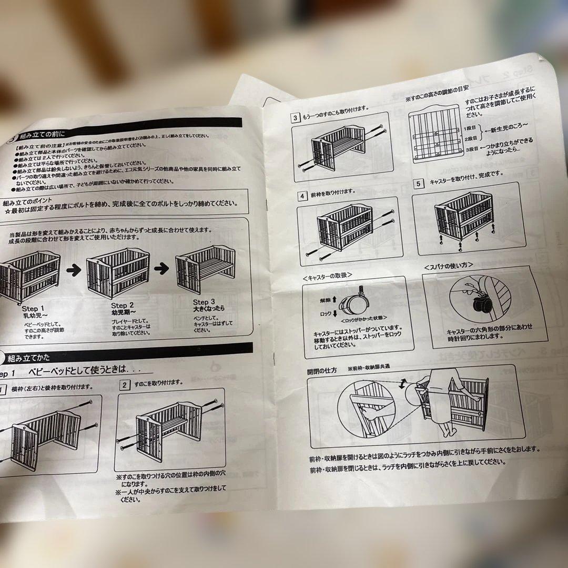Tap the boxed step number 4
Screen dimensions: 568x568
pos(302,196)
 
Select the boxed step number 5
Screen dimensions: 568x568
pos(418,184)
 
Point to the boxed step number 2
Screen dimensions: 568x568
pos(124,384)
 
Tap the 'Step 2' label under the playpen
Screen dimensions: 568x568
pos(122,305)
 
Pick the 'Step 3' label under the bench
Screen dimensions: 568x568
pos(204,302)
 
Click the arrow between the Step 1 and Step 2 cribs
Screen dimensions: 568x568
pos(74,270)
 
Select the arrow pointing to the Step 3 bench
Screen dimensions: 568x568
pos(161,268)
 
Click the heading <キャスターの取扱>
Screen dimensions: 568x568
pos(327,276)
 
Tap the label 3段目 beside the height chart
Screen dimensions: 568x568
pos(472,149)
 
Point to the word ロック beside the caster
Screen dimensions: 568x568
pos(324,313)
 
